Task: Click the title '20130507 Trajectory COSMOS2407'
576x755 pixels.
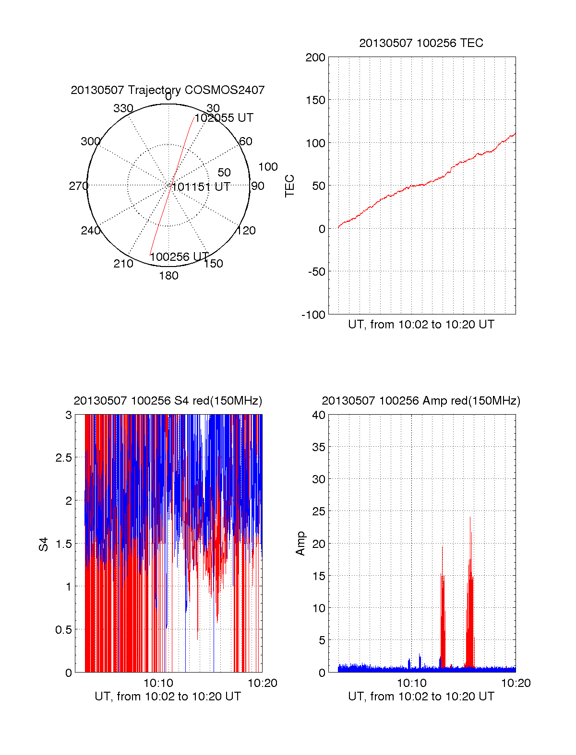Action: coord(168,90)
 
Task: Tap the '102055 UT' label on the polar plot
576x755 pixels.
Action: coord(224,118)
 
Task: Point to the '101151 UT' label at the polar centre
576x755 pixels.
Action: coord(201,187)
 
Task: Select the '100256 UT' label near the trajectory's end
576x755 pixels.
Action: coord(179,257)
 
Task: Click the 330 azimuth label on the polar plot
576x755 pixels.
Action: coord(123,108)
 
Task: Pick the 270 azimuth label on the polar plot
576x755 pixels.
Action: coord(78,186)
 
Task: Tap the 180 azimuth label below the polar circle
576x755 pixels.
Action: coord(168,276)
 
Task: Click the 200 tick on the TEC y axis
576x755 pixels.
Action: coord(315,58)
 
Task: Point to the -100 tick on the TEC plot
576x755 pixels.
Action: coord(313,315)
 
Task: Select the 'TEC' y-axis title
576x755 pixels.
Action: coord(290,186)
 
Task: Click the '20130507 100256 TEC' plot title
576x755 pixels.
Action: coord(421,43)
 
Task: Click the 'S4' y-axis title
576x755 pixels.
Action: coord(44,544)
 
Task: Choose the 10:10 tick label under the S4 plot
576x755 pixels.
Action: coord(158,683)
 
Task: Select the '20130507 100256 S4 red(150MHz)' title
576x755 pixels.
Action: coord(168,401)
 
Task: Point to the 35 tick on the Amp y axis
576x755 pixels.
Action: coord(319,447)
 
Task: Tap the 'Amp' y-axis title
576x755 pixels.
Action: coord(300,544)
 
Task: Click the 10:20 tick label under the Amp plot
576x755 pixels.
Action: coord(516,683)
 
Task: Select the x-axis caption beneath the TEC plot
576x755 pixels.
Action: coord(421,325)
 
